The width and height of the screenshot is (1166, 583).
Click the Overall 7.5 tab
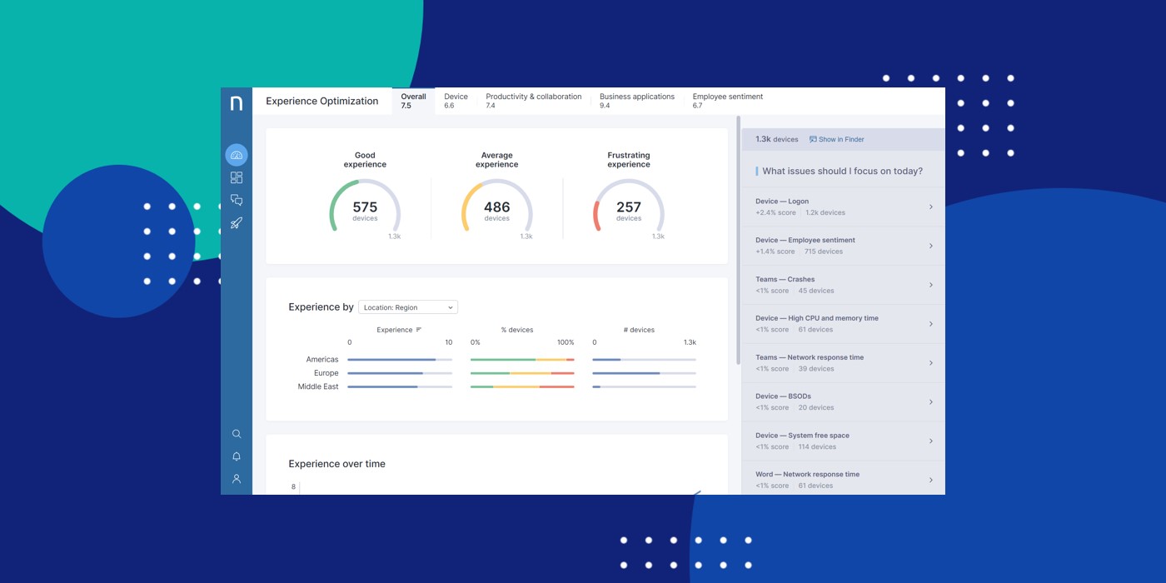(x=412, y=101)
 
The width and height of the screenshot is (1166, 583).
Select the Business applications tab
(x=636, y=101)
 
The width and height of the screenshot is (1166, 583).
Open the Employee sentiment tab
(x=727, y=101)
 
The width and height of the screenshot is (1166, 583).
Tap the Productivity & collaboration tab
(x=533, y=101)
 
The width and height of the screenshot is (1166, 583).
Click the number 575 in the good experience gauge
(x=365, y=207)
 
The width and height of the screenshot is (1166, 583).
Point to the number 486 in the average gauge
(x=496, y=207)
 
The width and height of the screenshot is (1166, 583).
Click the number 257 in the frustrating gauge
(x=629, y=207)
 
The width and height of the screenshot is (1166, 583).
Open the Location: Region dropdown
(x=407, y=307)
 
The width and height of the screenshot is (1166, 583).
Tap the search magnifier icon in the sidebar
(x=237, y=434)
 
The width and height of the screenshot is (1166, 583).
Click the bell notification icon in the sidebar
(x=237, y=456)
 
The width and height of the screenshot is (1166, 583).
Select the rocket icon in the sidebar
(x=237, y=223)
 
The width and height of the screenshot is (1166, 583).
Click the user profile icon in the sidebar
(x=237, y=479)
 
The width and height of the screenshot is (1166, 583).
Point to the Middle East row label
(x=318, y=386)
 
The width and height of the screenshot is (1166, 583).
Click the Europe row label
(x=326, y=373)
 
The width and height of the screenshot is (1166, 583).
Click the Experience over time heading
(x=336, y=464)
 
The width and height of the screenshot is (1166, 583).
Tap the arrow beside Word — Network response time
(x=930, y=480)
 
